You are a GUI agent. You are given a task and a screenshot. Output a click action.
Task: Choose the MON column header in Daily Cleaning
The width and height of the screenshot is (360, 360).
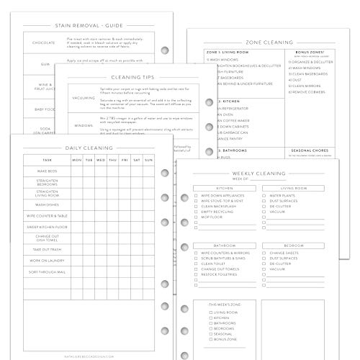[x=76, y=160]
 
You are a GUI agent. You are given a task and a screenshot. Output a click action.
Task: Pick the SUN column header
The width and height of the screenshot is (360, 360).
[x=149, y=160]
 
